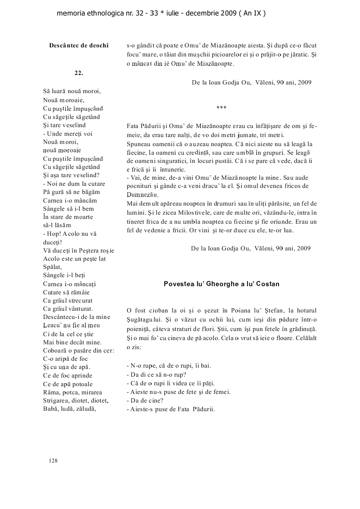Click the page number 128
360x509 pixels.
53,461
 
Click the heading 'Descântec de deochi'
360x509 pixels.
78,45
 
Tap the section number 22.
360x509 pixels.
78,73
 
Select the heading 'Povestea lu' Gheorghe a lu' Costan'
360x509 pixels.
222,284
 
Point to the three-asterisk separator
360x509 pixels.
221,108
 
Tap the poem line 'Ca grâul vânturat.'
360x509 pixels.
68,309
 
